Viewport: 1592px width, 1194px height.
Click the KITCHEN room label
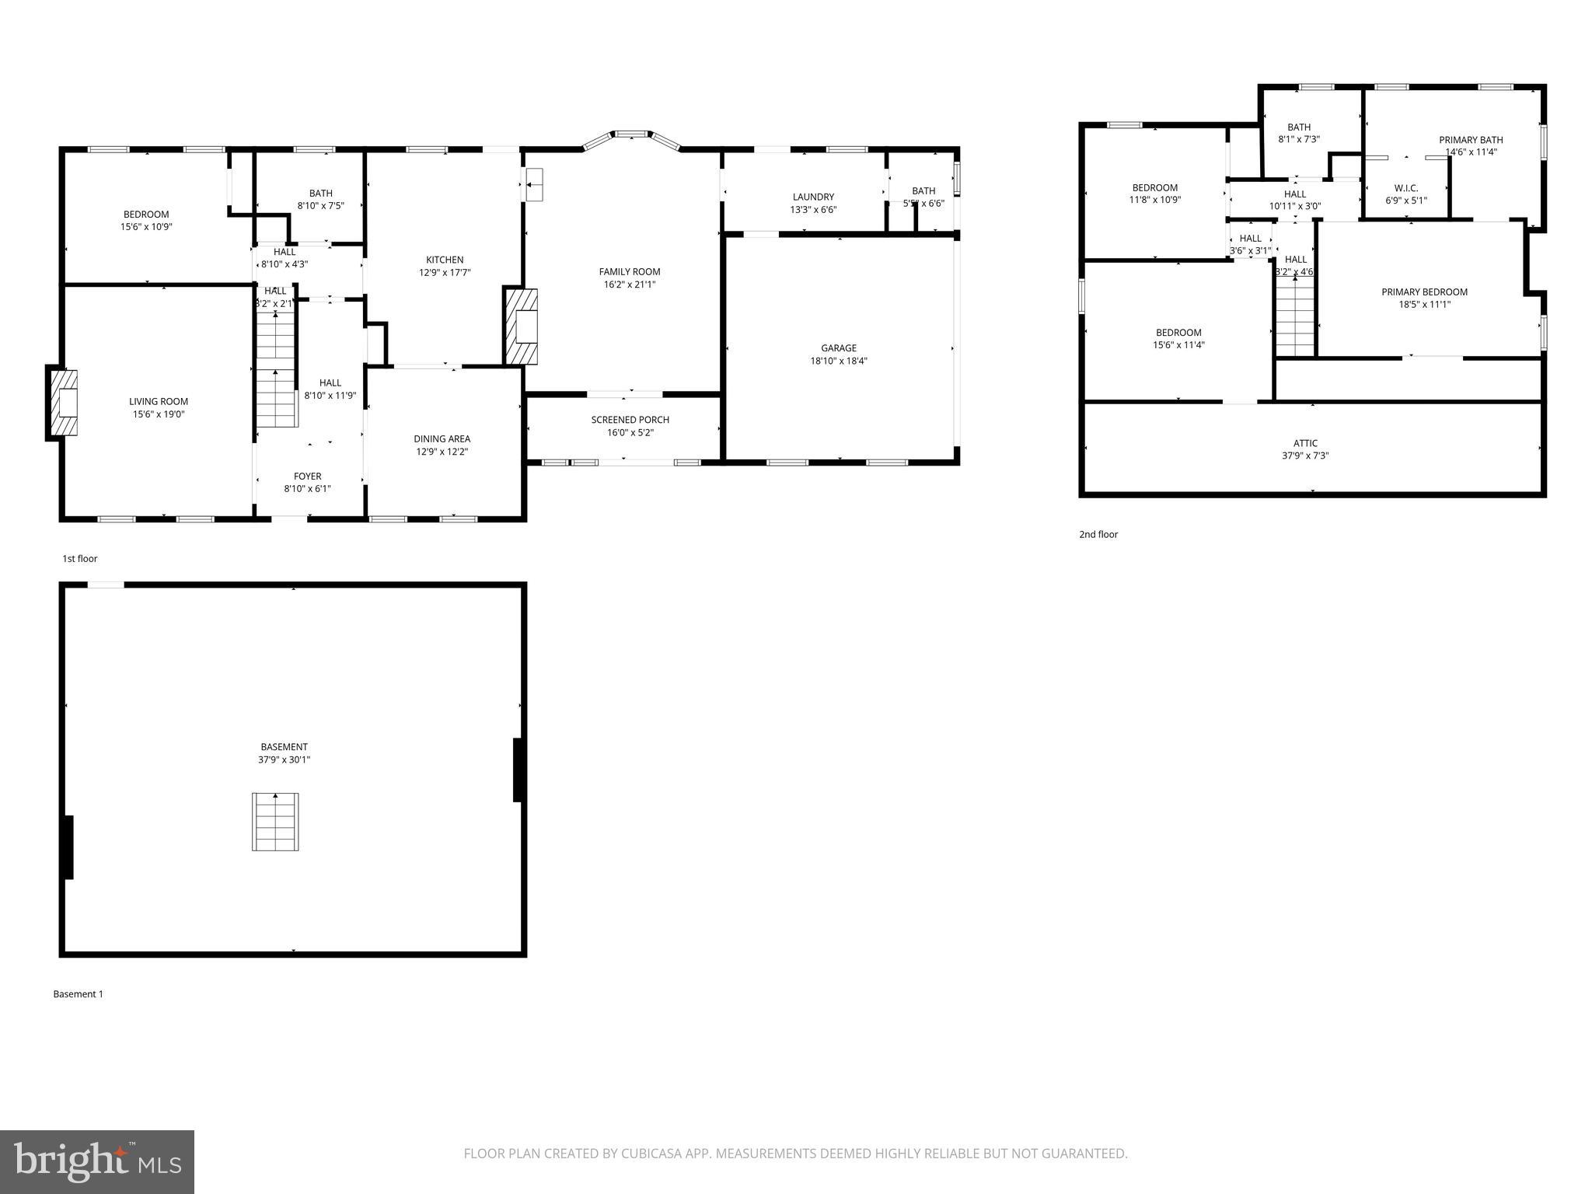(445, 260)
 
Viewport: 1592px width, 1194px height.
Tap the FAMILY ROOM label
(630, 271)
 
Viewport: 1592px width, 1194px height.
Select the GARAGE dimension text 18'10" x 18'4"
(839, 361)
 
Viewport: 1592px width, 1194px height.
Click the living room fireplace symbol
(65, 402)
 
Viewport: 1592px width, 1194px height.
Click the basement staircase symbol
(275, 822)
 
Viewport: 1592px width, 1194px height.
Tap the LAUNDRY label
(813, 197)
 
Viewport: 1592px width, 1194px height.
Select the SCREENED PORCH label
(630, 420)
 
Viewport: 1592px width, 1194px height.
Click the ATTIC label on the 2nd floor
(1305, 443)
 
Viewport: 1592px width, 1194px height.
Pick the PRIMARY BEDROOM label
(1424, 292)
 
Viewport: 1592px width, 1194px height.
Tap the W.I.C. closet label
(1405, 188)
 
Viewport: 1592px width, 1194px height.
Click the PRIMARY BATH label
(1471, 140)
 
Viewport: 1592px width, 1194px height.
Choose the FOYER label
(307, 477)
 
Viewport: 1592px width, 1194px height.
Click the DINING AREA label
(442, 438)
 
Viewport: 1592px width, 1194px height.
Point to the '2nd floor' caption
(1098, 534)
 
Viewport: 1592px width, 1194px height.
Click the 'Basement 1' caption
(78, 993)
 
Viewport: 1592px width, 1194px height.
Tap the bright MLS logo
(97, 1162)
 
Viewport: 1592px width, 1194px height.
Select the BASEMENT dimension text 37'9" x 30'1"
(284, 759)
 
